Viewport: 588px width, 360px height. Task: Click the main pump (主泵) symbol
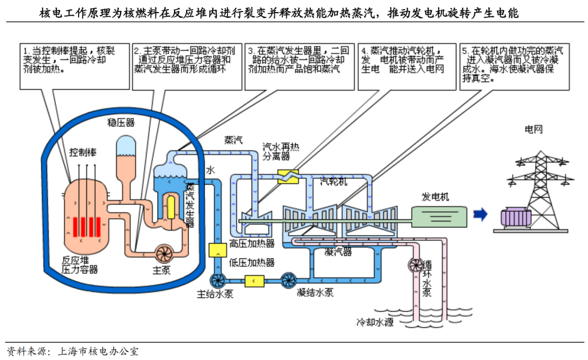163,254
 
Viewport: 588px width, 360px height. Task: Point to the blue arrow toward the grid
479,215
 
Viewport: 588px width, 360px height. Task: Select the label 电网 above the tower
533,129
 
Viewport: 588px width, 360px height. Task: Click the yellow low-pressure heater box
255,280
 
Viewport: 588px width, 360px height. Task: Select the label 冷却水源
375,322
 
